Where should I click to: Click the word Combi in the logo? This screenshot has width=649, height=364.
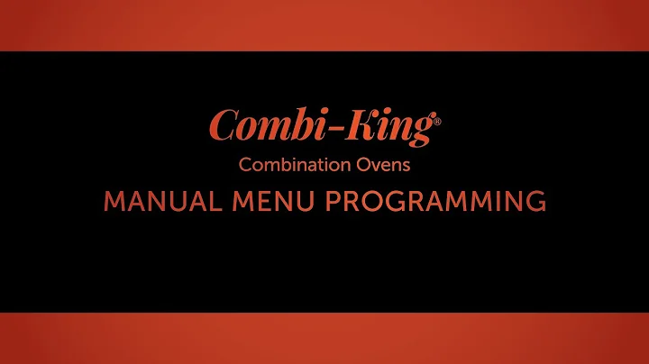tap(255, 127)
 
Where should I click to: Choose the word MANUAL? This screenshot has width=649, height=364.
tap(155, 201)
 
